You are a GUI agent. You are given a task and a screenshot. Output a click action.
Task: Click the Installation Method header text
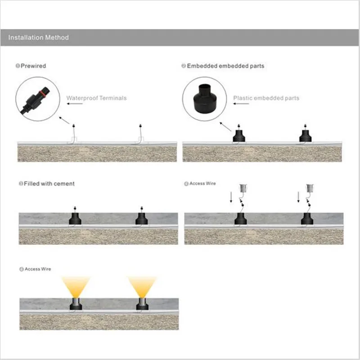coord(39,37)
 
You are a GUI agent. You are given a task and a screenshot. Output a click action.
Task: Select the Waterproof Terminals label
coord(96,98)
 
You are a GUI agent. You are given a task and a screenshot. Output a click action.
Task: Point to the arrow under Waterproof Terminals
coord(75,104)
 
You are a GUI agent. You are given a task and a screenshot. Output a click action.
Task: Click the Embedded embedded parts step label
coord(225,66)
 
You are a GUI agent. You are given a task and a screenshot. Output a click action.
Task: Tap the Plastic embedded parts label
coord(266,98)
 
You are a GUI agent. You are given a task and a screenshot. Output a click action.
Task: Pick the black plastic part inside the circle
coord(205,99)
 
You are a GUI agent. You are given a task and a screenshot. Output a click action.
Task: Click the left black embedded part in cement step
coord(75,219)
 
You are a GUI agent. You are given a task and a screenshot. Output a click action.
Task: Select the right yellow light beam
coord(142,286)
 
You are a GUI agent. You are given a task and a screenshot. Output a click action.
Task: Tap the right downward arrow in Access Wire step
coord(298,197)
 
